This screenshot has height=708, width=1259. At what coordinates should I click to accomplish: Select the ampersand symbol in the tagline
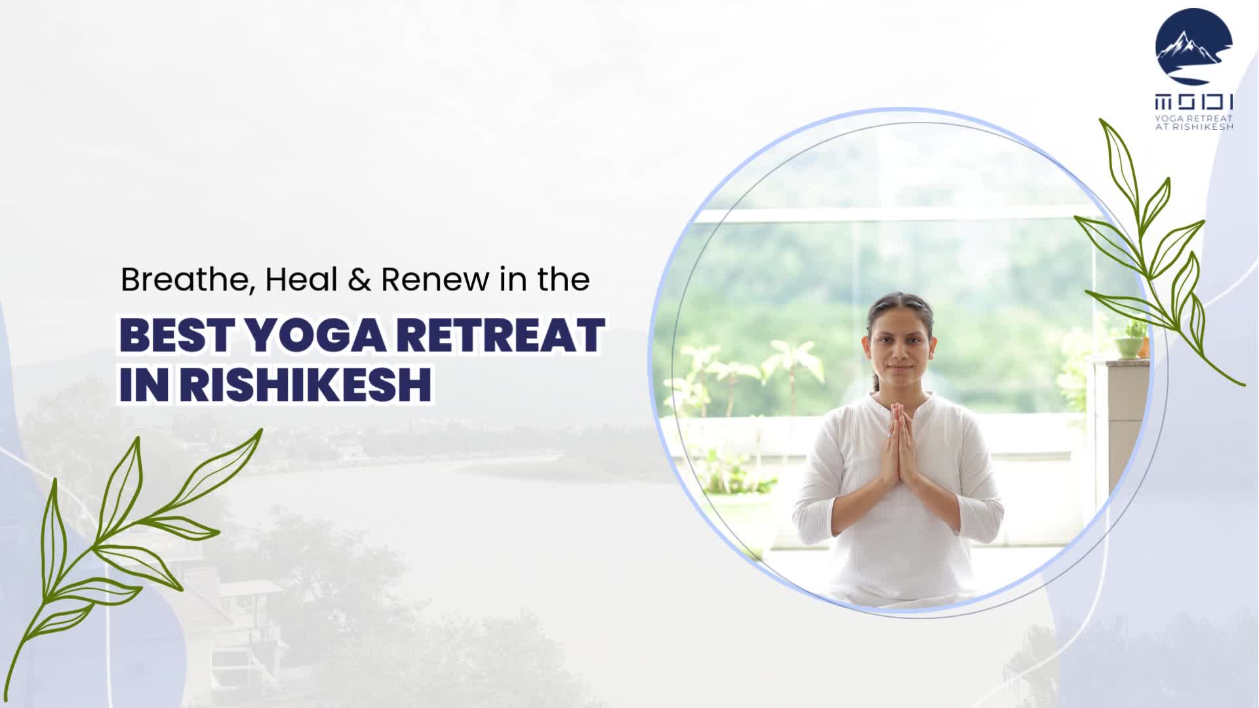coord(360,280)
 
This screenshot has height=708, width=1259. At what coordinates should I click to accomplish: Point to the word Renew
coord(435,280)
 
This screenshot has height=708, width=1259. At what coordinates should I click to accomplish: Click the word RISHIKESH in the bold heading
coord(306,385)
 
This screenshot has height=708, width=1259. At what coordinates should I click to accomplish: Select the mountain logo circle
coord(1193,48)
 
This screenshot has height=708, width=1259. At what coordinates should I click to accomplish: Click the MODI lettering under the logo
coord(1193,102)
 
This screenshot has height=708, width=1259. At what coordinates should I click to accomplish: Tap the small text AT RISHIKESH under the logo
coord(1193,126)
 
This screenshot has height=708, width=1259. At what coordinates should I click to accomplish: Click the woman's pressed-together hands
coord(898,446)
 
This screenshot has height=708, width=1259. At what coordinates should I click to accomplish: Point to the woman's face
coord(900,347)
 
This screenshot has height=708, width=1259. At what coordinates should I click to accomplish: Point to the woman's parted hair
coord(900,305)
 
